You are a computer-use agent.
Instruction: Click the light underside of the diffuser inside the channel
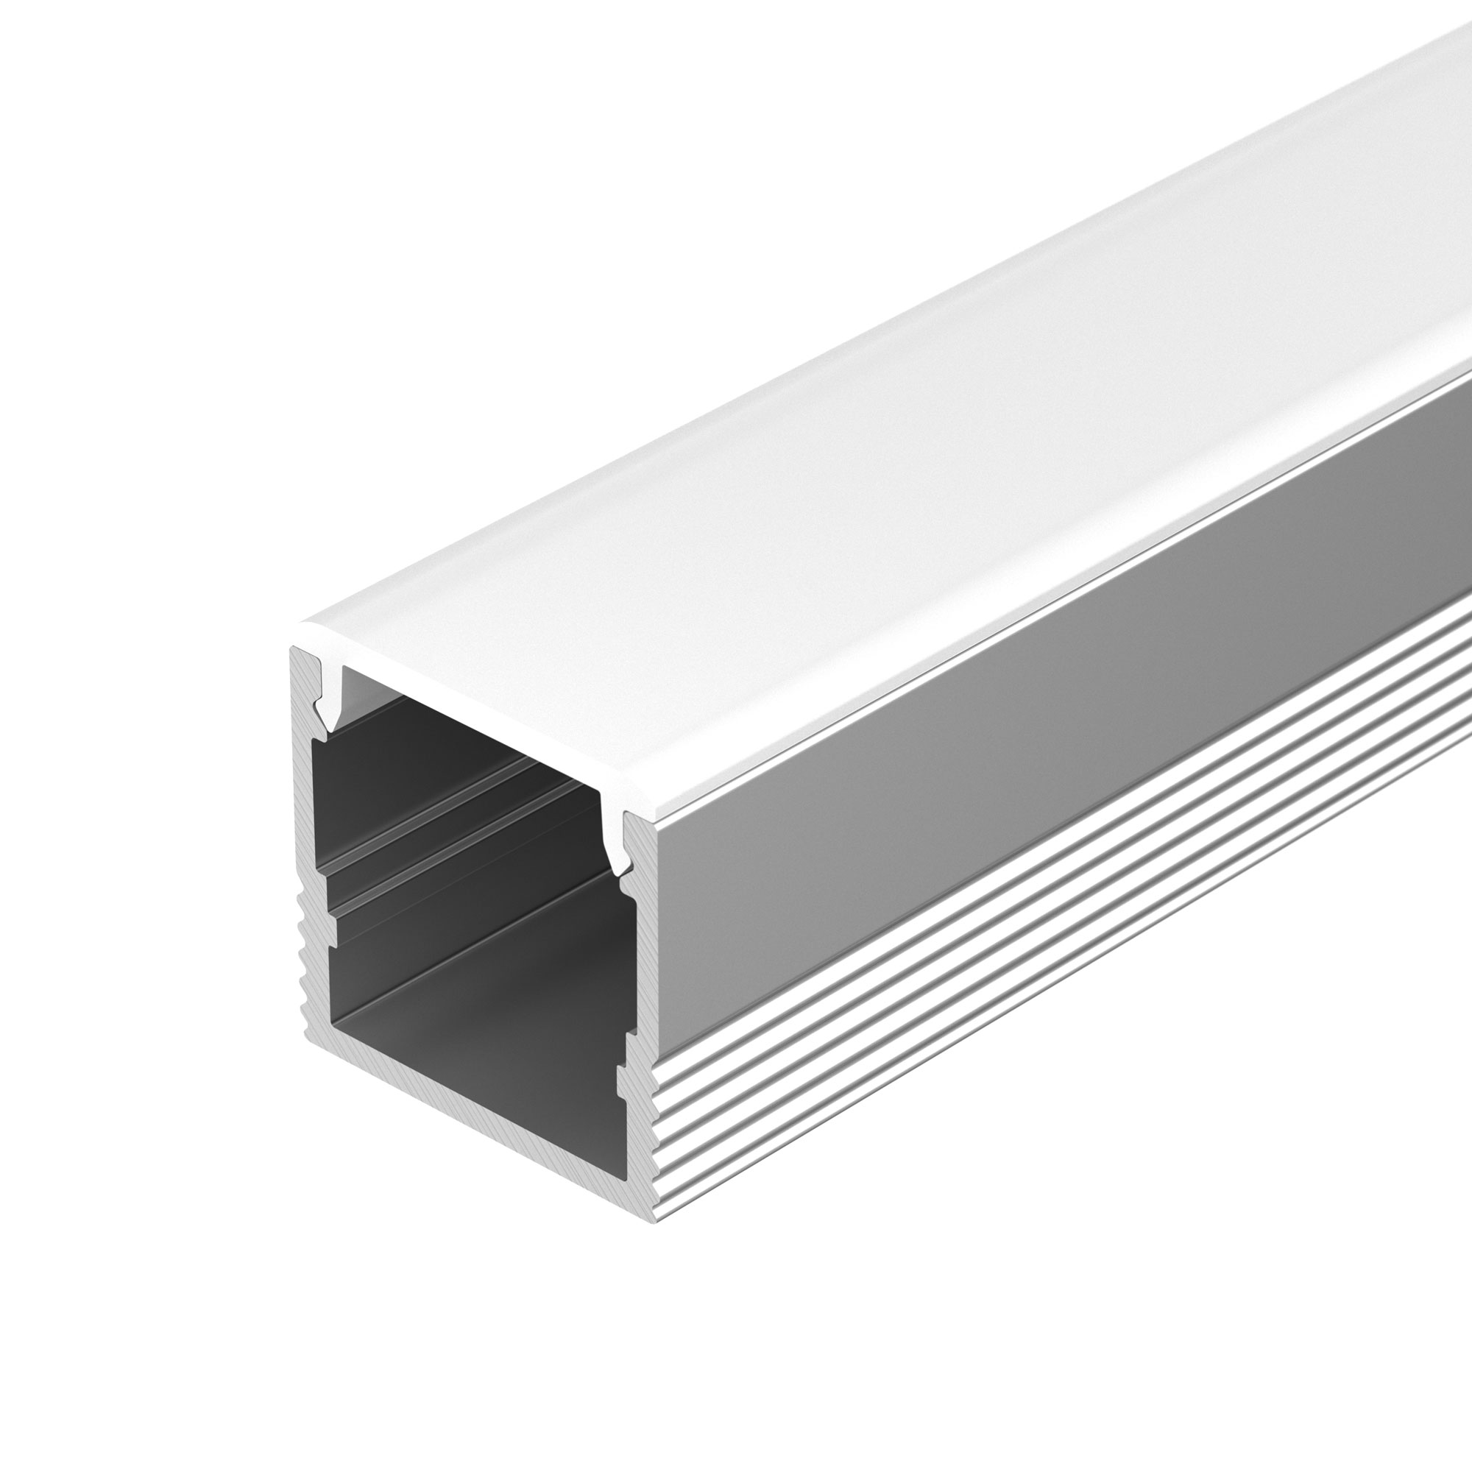457,716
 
